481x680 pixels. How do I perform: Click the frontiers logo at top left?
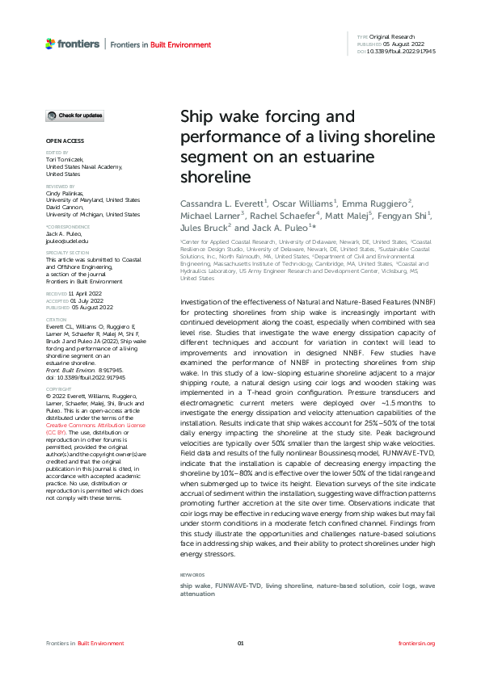point(73,44)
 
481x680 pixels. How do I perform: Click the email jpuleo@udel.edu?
point(67,241)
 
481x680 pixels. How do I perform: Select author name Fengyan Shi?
point(404,216)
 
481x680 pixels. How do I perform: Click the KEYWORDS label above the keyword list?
point(192,575)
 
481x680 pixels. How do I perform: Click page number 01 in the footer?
point(240,643)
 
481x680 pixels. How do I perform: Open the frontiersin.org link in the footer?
point(417,643)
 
